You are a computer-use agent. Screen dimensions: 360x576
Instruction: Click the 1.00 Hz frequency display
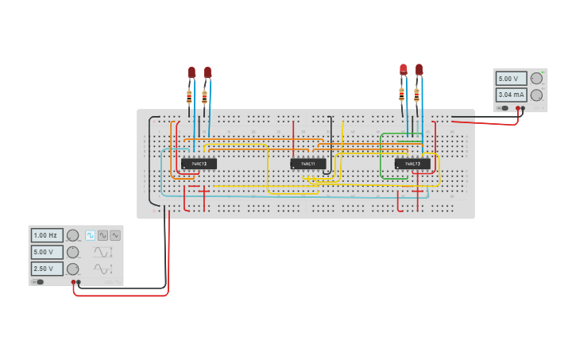pyautogui.click(x=46, y=235)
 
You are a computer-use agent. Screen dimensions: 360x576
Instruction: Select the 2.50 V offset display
pyautogui.click(x=46, y=269)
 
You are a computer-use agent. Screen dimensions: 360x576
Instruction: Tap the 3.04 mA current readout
pyautogui.click(x=512, y=95)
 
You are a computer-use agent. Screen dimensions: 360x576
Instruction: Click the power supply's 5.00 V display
pyautogui.click(x=512, y=79)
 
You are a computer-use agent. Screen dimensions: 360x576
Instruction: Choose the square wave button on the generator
pyautogui.click(x=91, y=235)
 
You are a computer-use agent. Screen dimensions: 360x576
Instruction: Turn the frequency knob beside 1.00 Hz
pyautogui.click(x=72, y=235)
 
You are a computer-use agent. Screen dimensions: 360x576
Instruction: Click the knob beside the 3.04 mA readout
pyautogui.click(x=536, y=95)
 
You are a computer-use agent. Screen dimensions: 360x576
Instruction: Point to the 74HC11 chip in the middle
pyautogui.click(x=307, y=164)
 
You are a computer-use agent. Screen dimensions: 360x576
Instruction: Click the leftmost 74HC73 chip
pyautogui.click(x=199, y=164)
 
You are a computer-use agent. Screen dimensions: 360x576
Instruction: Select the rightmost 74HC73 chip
pyautogui.click(x=412, y=164)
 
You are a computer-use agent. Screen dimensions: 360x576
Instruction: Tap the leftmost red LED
pyautogui.click(x=191, y=72)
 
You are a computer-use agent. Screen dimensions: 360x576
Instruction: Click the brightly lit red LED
pyautogui.click(x=404, y=70)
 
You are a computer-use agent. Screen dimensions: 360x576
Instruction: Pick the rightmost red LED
pyautogui.click(x=419, y=70)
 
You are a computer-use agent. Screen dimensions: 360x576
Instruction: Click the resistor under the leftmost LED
pyautogui.click(x=189, y=97)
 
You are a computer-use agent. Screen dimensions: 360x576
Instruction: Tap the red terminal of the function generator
pyautogui.click(x=73, y=282)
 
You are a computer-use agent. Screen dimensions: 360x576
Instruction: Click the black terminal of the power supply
pyautogui.click(x=523, y=108)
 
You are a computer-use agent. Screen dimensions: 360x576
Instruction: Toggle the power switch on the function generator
pyautogui.click(x=37, y=281)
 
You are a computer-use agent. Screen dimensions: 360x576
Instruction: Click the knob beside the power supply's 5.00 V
pyautogui.click(x=536, y=78)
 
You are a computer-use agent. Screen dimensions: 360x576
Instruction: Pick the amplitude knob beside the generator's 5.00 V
pyautogui.click(x=72, y=252)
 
